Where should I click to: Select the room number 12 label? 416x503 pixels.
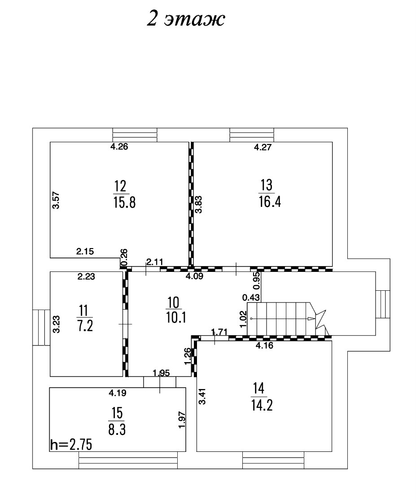pyautogui.click(x=120, y=185)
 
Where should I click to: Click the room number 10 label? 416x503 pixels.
pyautogui.click(x=173, y=302)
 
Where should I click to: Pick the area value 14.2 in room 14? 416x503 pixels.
pyautogui.click(x=262, y=405)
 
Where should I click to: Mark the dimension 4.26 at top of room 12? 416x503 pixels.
pyautogui.click(x=120, y=146)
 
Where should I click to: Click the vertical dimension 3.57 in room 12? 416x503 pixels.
pyautogui.click(x=56, y=200)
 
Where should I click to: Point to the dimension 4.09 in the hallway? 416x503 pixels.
pyautogui.click(x=195, y=277)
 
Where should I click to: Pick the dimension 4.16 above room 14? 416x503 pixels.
pyautogui.click(x=265, y=346)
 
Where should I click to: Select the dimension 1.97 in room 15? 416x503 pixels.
pyautogui.click(x=182, y=420)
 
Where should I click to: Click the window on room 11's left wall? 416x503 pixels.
pyautogui.click(x=41, y=327)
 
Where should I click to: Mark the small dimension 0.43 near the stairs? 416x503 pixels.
pyautogui.click(x=251, y=297)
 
